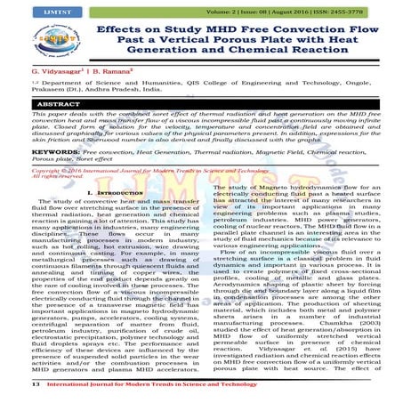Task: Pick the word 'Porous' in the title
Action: [x=233, y=44]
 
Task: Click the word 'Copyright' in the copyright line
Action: [x=22, y=193]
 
